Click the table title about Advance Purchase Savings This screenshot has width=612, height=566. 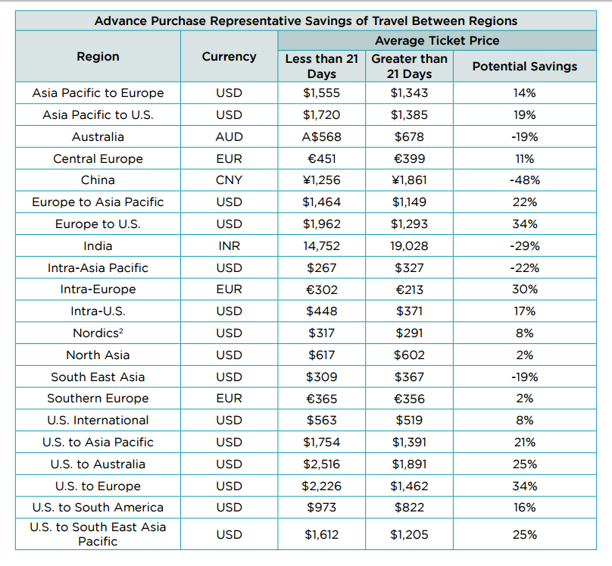[x=305, y=20]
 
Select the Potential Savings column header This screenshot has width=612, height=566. [x=524, y=67]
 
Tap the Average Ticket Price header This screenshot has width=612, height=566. [x=436, y=41]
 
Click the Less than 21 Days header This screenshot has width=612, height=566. [x=322, y=66]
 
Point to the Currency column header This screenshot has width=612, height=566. [x=229, y=57]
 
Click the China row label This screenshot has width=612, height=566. [x=98, y=180]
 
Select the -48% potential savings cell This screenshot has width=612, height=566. [x=524, y=180]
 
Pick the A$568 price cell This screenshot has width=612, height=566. [x=322, y=137]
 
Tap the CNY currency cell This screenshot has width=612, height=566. [x=229, y=180]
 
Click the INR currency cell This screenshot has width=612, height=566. [x=229, y=245]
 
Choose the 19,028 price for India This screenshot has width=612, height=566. [x=409, y=245]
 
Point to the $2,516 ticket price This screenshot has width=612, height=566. [x=322, y=464]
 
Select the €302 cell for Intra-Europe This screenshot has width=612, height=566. [x=322, y=289]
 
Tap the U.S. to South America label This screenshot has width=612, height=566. [x=98, y=508]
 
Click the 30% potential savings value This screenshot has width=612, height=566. [x=524, y=289]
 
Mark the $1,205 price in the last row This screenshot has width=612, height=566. [x=409, y=535]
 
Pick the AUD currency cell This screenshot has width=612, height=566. [x=229, y=137]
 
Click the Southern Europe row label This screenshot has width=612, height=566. [x=98, y=399]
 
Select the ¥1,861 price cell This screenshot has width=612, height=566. [x=409, y=180]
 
